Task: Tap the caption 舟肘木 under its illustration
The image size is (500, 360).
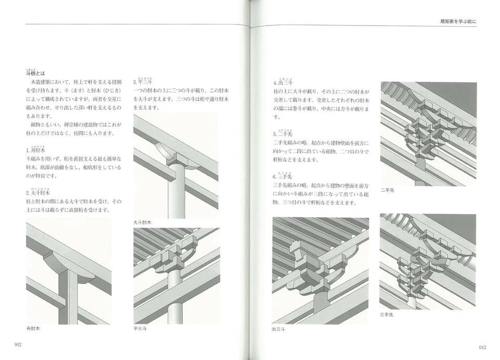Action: point(33,329)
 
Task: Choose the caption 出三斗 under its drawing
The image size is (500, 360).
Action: point(279,329)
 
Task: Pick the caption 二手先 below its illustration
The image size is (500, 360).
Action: point(387,191)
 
